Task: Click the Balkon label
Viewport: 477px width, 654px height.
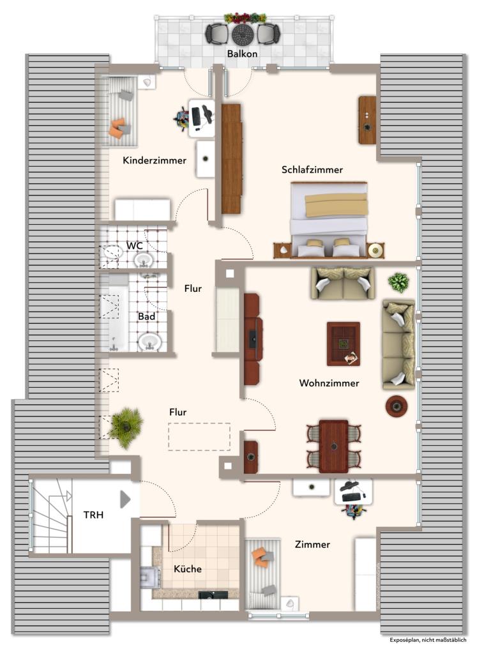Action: pyautogui.click(x=242, y=54)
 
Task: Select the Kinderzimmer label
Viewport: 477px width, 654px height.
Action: pyautogui.click(x=155, y=160)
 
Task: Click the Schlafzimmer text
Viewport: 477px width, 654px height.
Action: pyautogui.click(x=312, y=170)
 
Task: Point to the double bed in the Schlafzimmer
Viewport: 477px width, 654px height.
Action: pyautogui.click(x=329, y=219)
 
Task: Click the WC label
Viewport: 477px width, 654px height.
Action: pyautogui.click(x=134, y=246)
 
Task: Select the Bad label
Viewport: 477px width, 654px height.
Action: pyautogui.click(x=147, y=317)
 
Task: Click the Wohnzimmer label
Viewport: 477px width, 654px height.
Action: pyautogui.click(x=329, y=383)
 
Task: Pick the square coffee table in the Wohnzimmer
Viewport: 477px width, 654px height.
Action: pyautogui.click(x=343, y=344)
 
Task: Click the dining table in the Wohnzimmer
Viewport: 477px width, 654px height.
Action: pyautogui.click(x=333, y=446)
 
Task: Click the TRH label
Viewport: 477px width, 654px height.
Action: pyautogui.click(x=93, y=515)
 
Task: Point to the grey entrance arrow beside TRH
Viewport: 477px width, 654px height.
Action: pyautogui.click(x=125, y=499)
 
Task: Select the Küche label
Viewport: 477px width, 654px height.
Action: pyautogui.click(x=188, y=569)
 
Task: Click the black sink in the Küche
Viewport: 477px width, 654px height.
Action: pyautogui.click(x=213, y=595)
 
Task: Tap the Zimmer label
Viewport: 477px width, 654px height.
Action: pyautogui.click(x=312, y=544)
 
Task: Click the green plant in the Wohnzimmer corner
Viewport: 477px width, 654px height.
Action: pyautogui.click(x=398, y=282)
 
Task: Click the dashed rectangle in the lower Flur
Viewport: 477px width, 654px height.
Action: pyautogui.click(x=199, y=437)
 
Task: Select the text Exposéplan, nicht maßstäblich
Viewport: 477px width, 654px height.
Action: pyautogui.click(x=428, y=640)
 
